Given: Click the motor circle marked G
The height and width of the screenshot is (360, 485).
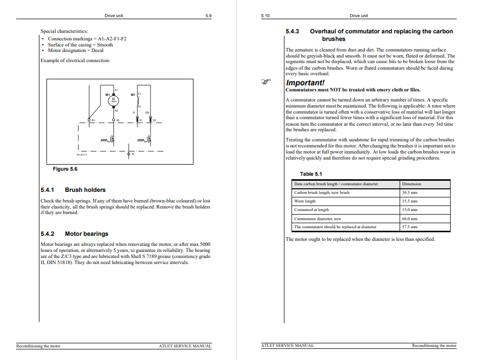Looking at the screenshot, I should click(114, 99).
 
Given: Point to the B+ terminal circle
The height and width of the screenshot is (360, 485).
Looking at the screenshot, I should click(89, 120).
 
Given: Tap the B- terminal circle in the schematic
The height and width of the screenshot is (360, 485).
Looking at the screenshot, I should click(129, 153).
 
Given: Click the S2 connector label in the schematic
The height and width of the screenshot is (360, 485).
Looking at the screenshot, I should click(155, 120).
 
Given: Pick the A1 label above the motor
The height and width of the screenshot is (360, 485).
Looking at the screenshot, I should click(116, 89).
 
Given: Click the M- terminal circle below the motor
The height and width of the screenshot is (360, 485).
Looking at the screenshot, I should click(114, 120).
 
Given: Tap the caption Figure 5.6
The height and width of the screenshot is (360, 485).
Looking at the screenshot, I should click(65, 169).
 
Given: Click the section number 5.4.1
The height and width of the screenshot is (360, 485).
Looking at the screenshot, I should click(47, 190).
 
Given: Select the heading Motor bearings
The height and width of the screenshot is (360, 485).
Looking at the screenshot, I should click(86, 234).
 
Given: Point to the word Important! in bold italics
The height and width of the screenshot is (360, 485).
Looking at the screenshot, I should click(305, 83).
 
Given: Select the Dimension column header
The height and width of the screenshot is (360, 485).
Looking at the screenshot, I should click(411, 184).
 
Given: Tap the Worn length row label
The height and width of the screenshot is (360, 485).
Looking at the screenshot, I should click(305, 201).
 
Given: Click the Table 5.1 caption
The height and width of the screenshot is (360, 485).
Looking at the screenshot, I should click(311, 174).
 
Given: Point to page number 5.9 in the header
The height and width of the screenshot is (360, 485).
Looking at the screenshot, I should click(208, 16).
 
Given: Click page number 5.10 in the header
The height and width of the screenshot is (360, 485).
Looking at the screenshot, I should click(265, 16).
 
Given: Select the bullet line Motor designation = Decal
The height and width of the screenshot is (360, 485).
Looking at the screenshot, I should click(76, 50).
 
